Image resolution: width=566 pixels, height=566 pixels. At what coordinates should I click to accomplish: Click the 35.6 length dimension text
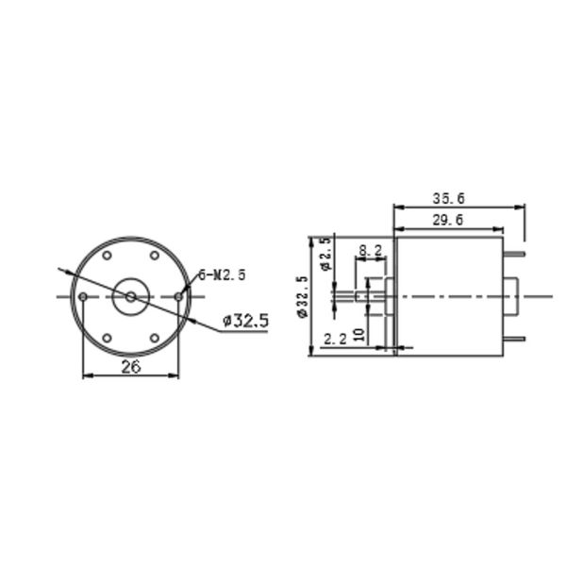point(449,199)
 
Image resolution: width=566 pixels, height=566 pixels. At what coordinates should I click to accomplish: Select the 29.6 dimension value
point(447,221)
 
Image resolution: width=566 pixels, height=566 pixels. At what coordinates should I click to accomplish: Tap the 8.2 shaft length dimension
point(371,251)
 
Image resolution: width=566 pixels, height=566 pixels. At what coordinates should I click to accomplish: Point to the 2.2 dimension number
point(334,339)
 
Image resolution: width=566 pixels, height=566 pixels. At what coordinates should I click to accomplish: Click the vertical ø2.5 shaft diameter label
point(325,254)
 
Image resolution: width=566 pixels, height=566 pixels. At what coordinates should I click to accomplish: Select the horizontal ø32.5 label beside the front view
point(245,321)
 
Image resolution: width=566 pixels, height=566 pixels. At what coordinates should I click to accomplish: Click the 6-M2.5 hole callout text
point(222,275)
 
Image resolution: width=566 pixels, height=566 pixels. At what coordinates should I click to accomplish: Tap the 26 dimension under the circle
point(131,367)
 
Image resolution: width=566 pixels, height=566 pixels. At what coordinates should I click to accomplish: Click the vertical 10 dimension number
point(358,334)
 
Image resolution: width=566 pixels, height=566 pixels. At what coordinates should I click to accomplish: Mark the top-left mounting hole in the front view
point(108,256)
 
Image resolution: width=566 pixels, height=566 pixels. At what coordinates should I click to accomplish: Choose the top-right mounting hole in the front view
point(155,256)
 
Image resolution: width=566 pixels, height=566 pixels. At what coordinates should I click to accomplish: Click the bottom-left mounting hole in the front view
point(108,338)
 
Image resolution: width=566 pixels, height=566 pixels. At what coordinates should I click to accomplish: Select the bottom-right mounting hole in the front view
point(155,338)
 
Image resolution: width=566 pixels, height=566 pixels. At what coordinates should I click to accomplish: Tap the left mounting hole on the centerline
point(84,297)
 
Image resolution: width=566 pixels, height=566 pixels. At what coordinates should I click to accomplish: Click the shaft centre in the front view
point(130,297)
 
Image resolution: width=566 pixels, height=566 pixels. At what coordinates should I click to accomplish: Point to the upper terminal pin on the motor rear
point(513,254)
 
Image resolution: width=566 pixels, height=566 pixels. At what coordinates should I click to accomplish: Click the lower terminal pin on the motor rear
point(513,339)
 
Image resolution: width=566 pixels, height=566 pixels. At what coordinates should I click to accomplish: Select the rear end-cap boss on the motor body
point(510,297)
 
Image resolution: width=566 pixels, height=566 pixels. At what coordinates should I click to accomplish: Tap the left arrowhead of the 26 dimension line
point(88,376)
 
